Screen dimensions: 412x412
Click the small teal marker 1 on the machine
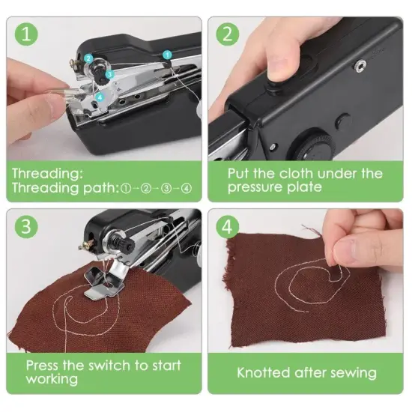tap(167, 54)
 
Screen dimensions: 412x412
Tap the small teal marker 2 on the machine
tap(88, 58)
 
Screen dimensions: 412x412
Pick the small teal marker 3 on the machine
tap(109, 74)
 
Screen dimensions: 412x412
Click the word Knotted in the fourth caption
tap(265, 372)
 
